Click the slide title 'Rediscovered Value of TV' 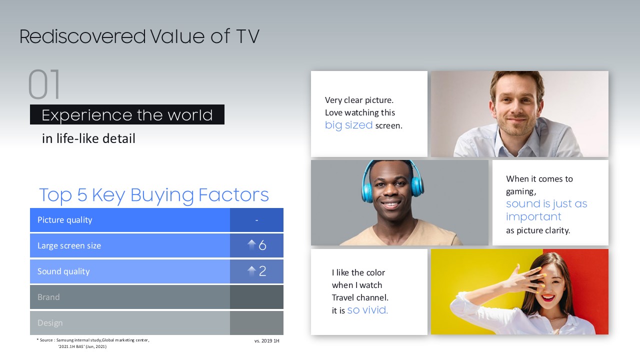tap(139, 36)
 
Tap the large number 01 tap(44, 84)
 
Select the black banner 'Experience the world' tap(127, 114)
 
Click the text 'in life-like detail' tap(88, 138)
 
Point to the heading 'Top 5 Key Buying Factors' tap(153, 195)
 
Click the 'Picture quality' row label tap(65, 220)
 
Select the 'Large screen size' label tap(69, 245)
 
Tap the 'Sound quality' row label tap(63, 271)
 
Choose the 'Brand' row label tap(48, 297)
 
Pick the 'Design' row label tap(50, 323)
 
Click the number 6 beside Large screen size tap(262, 245)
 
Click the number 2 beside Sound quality tap(262, 271)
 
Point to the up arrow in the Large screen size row tap(251, 244)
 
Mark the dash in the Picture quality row tap(257, 220)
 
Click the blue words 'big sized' tap(348, 125)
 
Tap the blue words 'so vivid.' tap(367, 310)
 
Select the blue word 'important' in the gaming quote tap(533, 217)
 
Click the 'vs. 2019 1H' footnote tap(267, 341)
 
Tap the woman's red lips tap(547, 297)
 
